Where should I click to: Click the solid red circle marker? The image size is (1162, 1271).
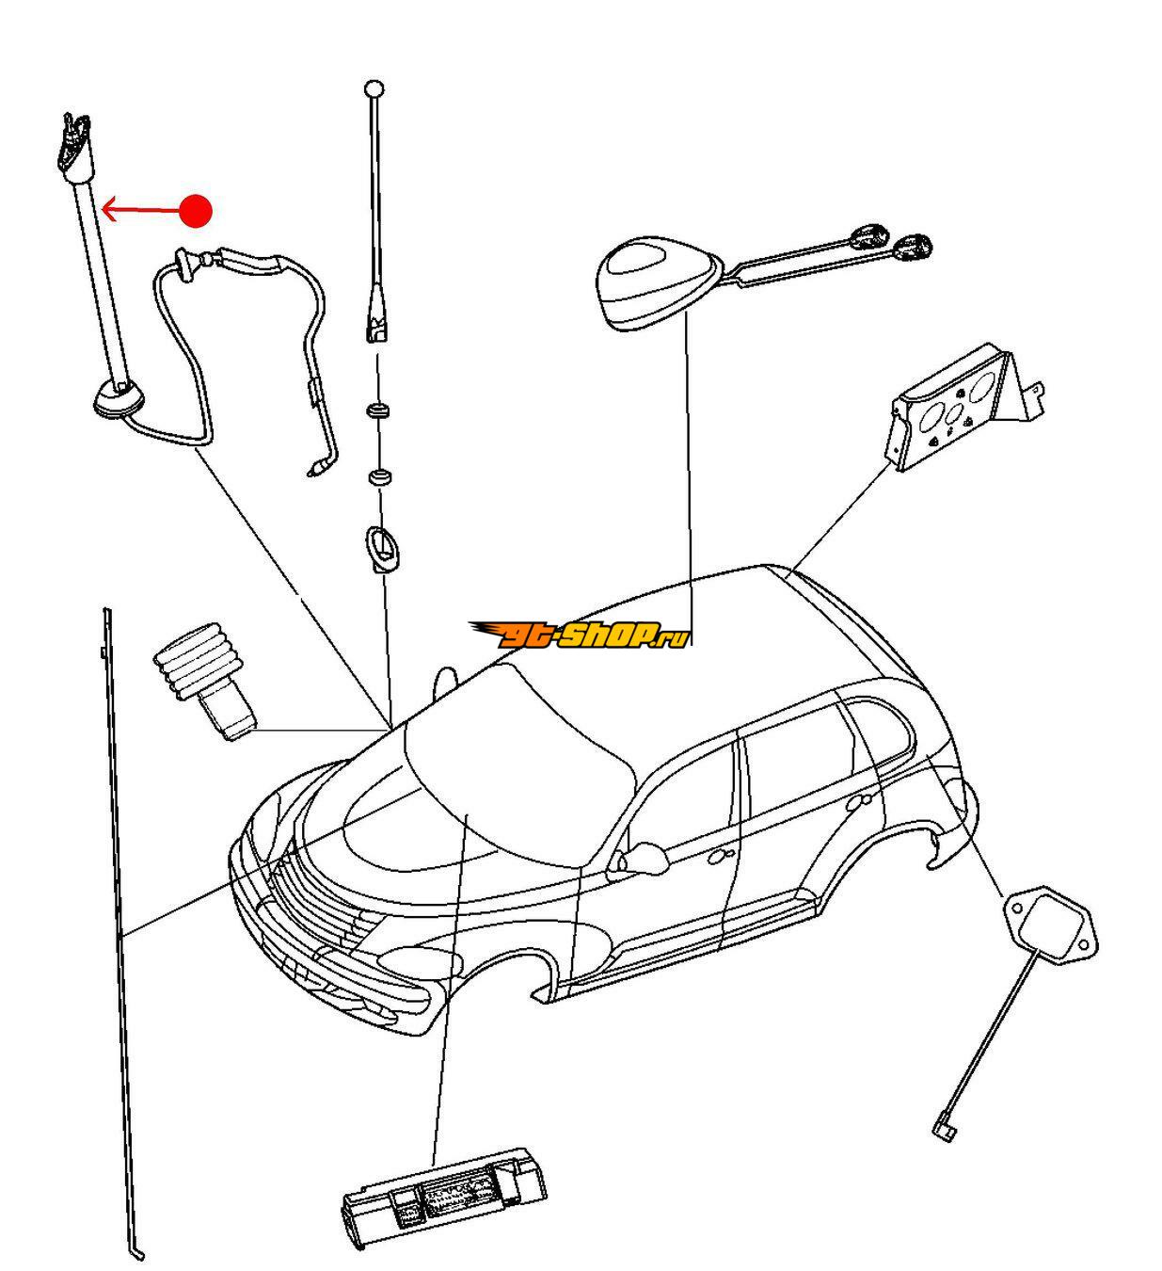click(x=196, y=211)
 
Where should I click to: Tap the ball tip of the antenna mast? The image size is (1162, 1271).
click(x=374, y=89)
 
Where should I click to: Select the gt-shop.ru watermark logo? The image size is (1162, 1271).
click(x=580, y=635)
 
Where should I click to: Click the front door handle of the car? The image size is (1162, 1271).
click(x=724, y=855)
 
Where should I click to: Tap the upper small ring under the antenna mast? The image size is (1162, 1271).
click(x=379, y=411)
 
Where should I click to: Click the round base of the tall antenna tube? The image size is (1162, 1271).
click(x=119, y=400)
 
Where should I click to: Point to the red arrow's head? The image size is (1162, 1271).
click(x=106, y=209)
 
